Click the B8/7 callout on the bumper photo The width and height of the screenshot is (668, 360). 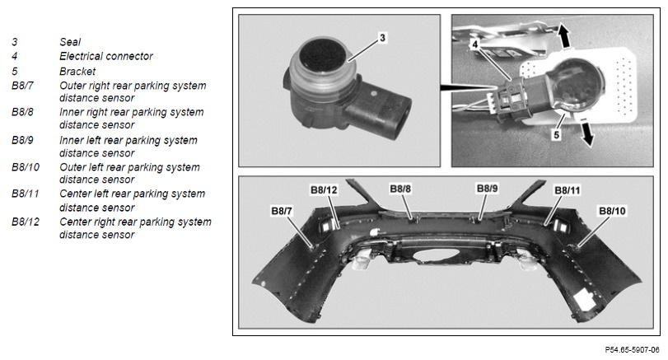282,211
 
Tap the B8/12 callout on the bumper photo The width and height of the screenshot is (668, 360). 324,190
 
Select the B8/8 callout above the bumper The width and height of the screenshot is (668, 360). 400,189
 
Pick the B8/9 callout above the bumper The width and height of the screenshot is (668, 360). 487,189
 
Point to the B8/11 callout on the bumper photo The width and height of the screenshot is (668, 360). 567,190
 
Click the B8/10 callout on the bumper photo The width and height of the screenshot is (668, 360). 612,211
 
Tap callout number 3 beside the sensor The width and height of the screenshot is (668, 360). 382,38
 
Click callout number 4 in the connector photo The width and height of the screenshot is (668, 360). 474,44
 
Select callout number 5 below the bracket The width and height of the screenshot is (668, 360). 556,135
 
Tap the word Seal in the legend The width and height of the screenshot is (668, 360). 70,42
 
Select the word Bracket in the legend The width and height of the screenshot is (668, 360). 77,71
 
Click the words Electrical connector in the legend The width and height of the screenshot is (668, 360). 106,56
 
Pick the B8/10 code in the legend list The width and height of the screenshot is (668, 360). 26,167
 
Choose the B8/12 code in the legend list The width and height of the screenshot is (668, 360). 26,222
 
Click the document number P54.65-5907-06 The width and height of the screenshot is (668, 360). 633,350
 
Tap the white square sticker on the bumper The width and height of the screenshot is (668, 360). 584,300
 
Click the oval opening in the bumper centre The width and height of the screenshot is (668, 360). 437,255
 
